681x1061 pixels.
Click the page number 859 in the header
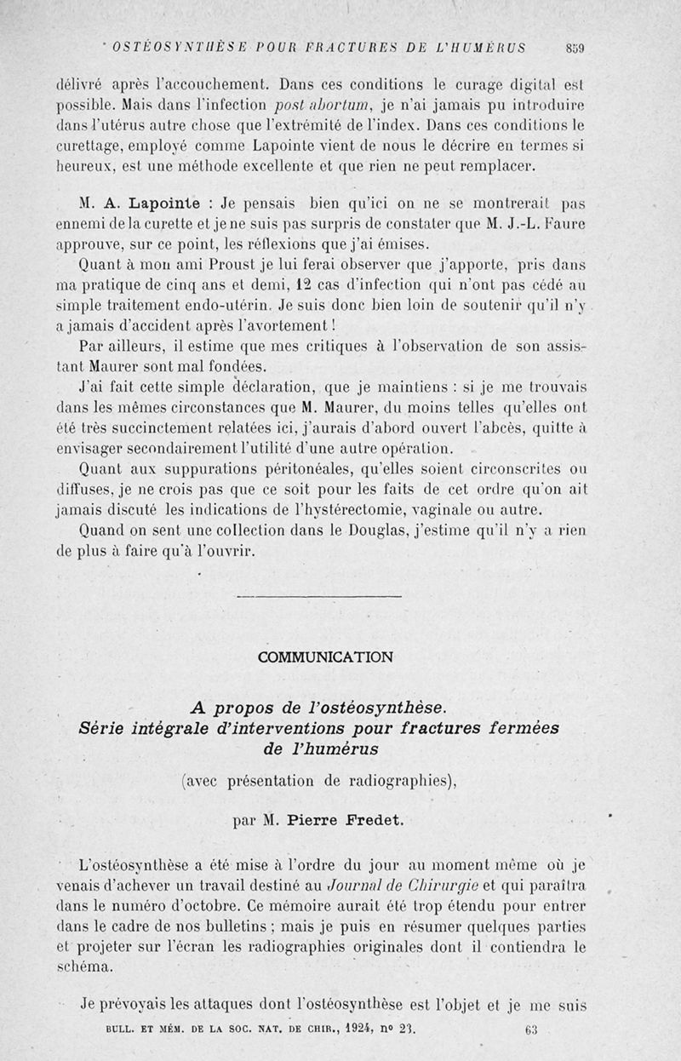coord(572,48)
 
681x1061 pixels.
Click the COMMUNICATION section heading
coord(325,657)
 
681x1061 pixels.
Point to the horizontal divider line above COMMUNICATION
coord(317,595)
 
